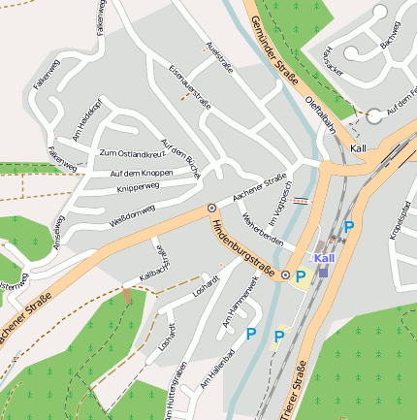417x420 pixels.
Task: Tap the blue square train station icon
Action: (x=323, y=272)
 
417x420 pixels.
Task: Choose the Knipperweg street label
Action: (x=137, y=185)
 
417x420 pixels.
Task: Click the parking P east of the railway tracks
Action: (x=349, y=227)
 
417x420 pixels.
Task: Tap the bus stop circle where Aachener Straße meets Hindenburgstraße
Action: (x=211, y=208)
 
